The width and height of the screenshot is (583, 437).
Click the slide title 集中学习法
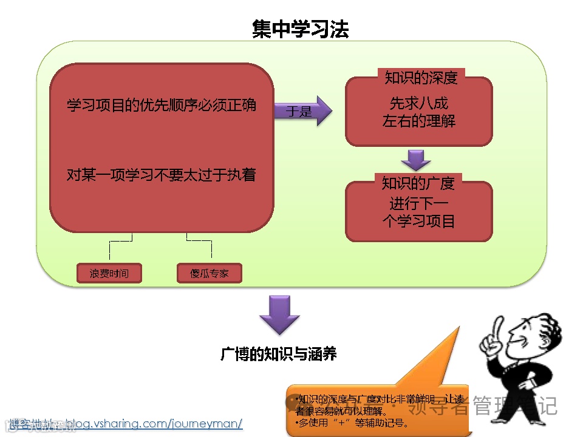(300, 29)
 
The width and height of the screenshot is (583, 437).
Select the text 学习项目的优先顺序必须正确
(161, 105)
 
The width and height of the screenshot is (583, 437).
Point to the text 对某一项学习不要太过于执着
(161, 175)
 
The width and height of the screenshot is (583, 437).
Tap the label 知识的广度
(418, 182)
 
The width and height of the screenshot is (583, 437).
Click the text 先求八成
(418, 103)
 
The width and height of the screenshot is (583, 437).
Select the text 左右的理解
(418, 121)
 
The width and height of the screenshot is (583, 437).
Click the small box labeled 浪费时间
(109, 273)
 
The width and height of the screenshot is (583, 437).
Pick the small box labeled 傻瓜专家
(210, 273)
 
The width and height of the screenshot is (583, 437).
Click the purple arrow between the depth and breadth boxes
(416, 160)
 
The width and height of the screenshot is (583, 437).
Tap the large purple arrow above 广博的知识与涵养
(279, 315)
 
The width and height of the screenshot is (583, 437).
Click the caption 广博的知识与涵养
(279, 354)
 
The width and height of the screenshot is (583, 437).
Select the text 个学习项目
(418, 221)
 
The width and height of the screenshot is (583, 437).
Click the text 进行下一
(418, 203)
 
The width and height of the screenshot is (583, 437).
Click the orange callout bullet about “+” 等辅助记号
(352, 422)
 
